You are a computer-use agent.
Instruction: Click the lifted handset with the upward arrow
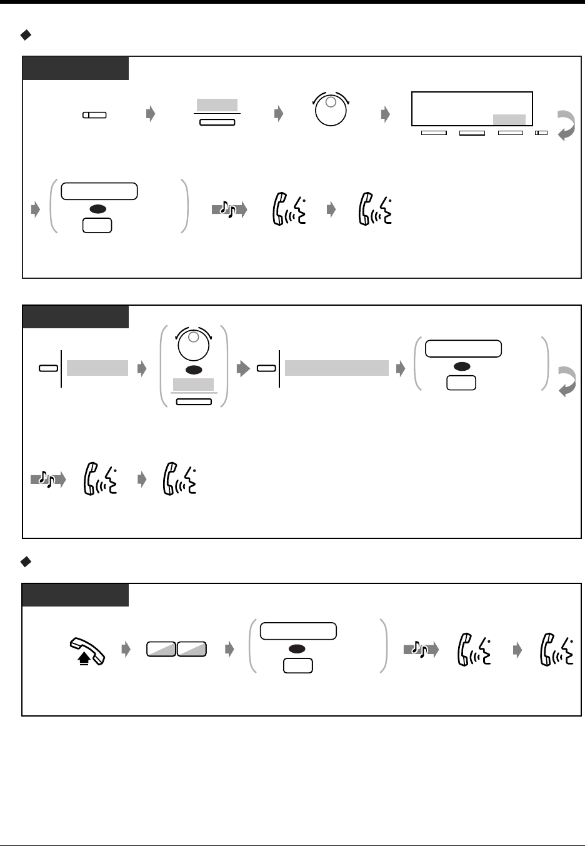tap(87, 650)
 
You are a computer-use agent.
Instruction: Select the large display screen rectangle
tap(472, 109)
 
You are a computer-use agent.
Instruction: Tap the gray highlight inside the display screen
tap(509, 119)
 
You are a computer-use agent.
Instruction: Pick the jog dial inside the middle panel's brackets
tap(194, 344)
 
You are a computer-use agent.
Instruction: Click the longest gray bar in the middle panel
tap(337, 368)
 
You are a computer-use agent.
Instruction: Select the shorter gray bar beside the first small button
tap(97, 368)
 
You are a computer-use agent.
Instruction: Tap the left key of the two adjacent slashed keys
tap(161, 650)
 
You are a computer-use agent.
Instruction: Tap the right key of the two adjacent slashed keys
tap(191, 650)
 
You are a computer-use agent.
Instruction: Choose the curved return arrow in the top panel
tap(565, 125)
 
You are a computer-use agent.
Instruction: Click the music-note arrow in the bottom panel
tap(421, 650)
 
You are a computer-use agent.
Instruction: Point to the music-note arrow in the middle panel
tap(47, 480)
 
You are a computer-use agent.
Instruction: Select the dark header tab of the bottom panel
tap(76, 595)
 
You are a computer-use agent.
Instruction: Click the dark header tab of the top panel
tap(76, 68)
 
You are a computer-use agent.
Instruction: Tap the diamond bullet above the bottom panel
tap(26, 563)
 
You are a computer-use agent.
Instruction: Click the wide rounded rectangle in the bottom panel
tap(298, 631)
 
